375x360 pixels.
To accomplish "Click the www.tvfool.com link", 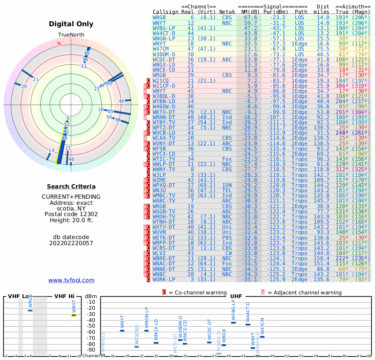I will [x=71, y=280].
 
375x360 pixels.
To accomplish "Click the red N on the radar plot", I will [x=59, y=44].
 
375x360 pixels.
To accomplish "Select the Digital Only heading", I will [x=71, y=24].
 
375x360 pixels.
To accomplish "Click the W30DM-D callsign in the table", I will [x=164, y=54].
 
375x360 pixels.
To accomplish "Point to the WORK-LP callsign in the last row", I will [x=164, y=279].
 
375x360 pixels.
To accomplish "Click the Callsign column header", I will [x=166, y=11].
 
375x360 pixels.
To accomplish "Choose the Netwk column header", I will [x=227, y=11].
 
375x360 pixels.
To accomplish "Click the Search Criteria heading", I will [x=71, y=187].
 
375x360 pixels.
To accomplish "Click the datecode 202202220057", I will [x=71, y=243].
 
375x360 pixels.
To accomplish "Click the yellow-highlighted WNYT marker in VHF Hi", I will [x=74, y=315].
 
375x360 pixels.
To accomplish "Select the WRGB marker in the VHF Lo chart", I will [x=30, y=310].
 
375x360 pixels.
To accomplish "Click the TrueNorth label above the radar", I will [x=71, y=35].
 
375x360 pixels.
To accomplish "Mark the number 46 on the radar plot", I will [x=121, y=101].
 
